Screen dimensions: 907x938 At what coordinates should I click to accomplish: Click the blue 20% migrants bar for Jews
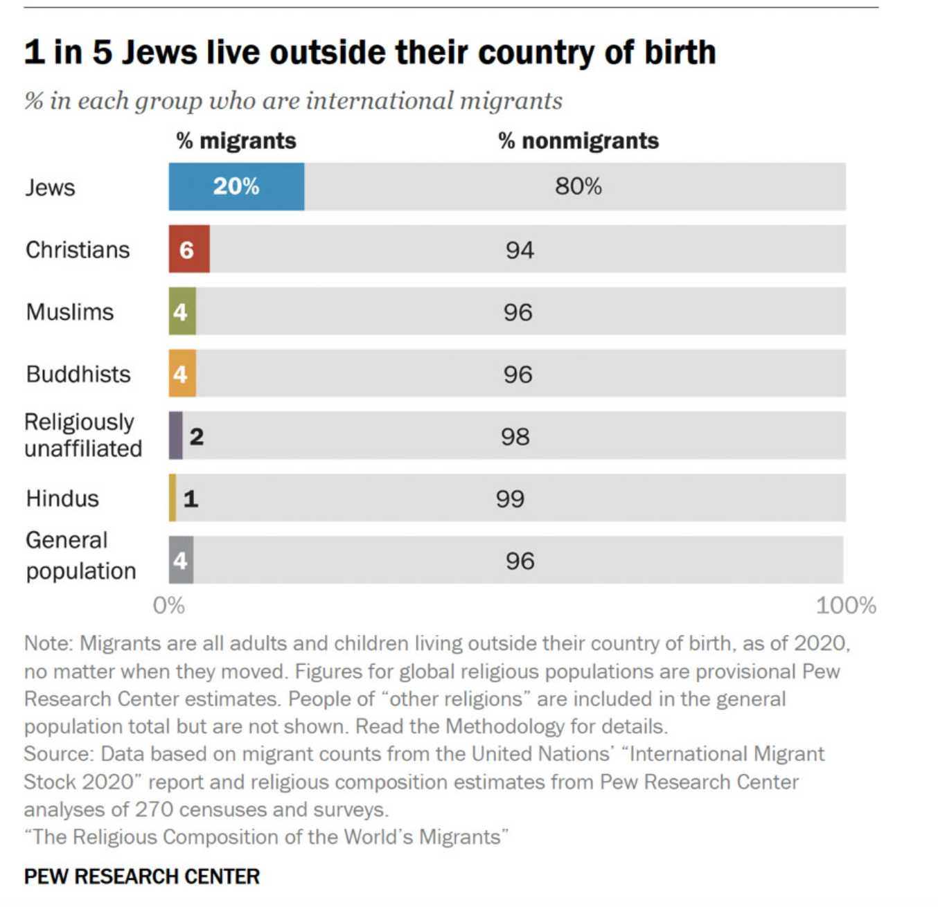click(236, 186)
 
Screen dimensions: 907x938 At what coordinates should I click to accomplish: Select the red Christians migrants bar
click(188, 249)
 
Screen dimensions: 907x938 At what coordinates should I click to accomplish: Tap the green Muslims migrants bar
click(182, 311)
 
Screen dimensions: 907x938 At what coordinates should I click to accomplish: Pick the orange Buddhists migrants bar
click(182, 373)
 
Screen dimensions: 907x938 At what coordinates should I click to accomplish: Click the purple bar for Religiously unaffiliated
click(176, 435)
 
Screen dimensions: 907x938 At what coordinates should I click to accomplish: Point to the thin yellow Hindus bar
click(172, 498)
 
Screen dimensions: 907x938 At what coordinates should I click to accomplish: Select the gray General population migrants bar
click(181, 559)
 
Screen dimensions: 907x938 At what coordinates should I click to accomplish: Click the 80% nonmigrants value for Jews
click(578, 186)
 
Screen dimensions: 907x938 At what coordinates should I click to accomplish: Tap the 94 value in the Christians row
click(519, 250)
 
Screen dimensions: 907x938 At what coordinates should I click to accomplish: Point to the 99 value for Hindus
click(510, 499)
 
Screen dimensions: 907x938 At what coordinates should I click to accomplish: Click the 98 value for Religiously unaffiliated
click(515, 437)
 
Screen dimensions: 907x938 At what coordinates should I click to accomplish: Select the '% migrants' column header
click(236, 141)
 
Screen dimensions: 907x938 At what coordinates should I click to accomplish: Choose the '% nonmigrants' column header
click(578, 141)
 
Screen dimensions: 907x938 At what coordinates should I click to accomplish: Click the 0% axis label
click(168, 606)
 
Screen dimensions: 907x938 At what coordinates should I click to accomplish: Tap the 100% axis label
click(845, 606)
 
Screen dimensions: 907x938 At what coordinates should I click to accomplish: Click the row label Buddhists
click(78, 375)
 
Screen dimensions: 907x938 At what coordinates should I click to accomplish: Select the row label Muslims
click(69, 312)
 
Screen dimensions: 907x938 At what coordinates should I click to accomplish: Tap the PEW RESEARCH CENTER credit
click(141, 877)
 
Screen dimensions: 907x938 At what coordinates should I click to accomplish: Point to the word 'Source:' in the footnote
click(58, 754)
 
